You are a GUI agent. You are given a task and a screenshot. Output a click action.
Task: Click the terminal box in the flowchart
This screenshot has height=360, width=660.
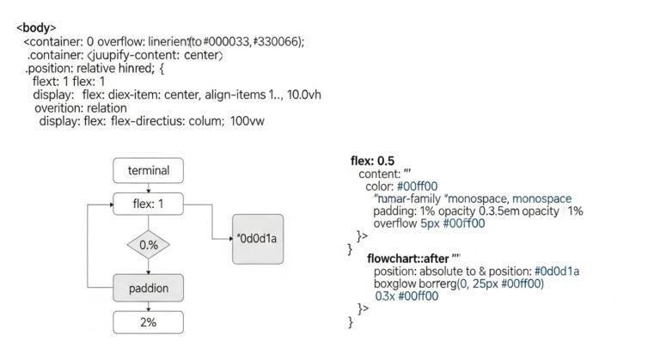[148, 170]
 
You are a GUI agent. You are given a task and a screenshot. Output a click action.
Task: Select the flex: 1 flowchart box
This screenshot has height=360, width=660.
[148, 205]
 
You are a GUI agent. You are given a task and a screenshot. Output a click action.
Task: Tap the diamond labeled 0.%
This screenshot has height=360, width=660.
[148, 245]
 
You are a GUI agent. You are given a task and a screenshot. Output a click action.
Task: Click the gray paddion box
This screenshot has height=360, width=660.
[148, 287]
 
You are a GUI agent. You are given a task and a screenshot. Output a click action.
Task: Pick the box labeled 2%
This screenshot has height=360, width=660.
[148, 323]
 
